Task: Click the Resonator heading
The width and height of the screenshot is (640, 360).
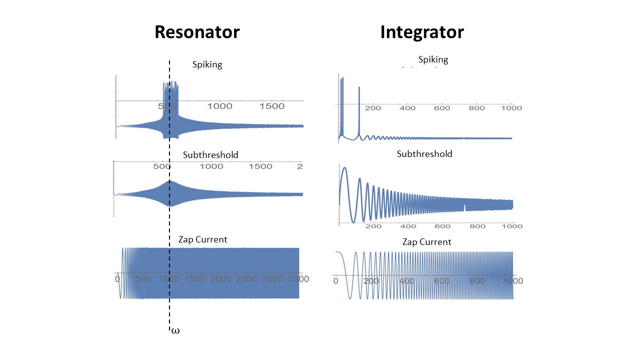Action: (x=197, y=32)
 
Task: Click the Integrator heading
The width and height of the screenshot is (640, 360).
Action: (x=421, y=32)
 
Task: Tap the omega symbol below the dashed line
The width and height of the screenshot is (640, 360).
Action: (x=175, y=331)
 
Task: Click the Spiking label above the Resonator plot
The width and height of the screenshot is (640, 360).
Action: (x=207, y=64)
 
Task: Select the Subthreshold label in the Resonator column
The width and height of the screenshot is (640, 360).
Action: (x=210, y=154)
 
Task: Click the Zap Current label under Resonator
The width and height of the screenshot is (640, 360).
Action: (x=202, y=239)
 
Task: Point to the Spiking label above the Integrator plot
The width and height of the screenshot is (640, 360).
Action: (x=433, y=59)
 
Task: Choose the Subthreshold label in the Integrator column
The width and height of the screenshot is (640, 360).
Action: (x=424, y=154)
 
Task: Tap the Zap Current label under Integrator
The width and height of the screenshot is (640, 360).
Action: (x=426, y=242)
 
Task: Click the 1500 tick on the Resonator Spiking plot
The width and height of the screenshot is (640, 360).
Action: (x=273, y=106)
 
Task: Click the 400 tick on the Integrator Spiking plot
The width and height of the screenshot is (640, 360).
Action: (x=407, y=108)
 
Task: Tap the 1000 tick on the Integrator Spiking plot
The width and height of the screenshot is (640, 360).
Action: (x=511, y=108)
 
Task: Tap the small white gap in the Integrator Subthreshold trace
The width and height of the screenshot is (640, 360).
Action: (x=464, y=208)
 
